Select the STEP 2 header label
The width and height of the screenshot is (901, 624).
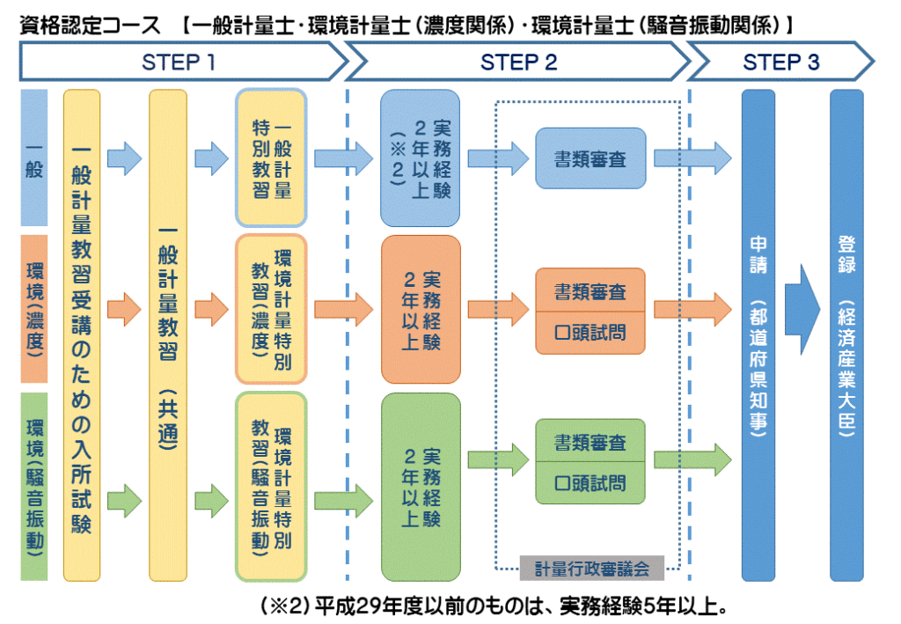518,62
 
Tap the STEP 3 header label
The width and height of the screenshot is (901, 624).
780,62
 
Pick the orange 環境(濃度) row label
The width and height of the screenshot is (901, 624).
33,308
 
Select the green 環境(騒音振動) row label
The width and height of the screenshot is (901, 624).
33,488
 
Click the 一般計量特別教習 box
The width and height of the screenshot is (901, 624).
271,158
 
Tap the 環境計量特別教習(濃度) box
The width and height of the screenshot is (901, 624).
271,308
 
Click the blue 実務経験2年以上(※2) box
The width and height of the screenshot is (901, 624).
421,158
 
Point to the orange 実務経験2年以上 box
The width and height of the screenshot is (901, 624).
421,309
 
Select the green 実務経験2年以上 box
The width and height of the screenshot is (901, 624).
421,486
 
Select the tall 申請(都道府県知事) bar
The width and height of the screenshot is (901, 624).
758,334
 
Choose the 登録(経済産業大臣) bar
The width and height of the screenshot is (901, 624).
846,334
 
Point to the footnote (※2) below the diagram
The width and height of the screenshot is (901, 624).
283,607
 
